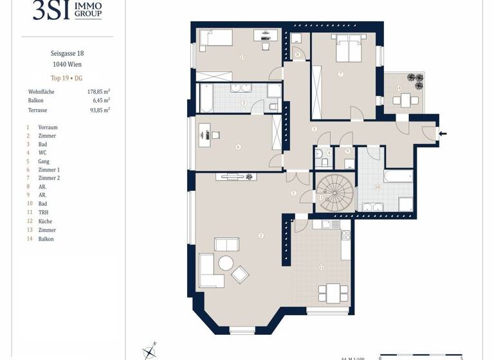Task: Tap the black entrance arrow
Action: pyautogui.click(x=443, y=134)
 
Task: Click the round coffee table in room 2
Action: pyautogui.click(x=226, y=263)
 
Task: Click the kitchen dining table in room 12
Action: pyautogui.click(x=333, y=292)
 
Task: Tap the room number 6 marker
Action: pyautogui.click(x=238, y=147)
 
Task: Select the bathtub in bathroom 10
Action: pyautogui.click(x=398, y=176)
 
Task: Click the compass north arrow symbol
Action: pyautogui.click(x=149, y=350)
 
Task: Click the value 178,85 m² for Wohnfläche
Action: pyautogui.click(x=98, y=92)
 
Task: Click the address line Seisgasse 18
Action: pyautogui.click(x=67, y=53)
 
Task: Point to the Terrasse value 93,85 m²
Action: pyautogui.click(x=98, y=110)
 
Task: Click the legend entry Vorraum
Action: pyautogui.click(x=48, y=127)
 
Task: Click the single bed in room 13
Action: pyautogui.click(x=215, y=40)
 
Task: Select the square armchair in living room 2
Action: pyautogui.click(x=240, y=274)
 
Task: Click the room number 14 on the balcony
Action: pyautogui.click(x=398, y=88)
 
